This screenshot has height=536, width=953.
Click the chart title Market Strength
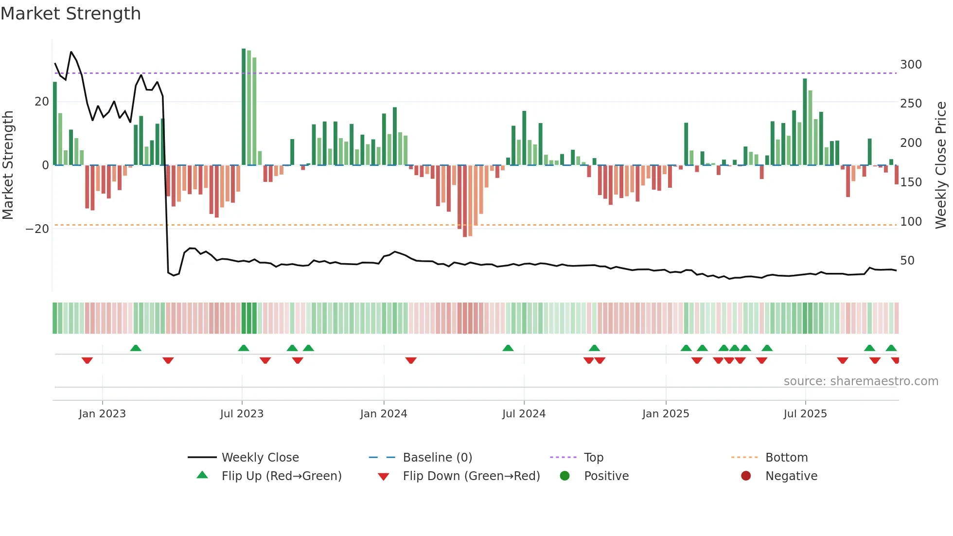(71, 14)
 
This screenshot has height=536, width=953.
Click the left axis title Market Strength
(8, 165)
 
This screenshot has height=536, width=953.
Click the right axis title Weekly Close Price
(941, 165)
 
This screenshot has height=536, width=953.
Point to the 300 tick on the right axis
(911, 65)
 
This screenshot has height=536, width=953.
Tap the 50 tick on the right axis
(907, 261)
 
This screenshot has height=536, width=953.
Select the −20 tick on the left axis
(37, 229)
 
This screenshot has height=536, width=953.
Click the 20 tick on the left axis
(42, 102)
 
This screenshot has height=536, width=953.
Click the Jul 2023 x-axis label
(242, 414)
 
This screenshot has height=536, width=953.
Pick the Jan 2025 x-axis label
(665, 414)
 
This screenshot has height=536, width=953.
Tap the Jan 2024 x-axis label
(384, 414)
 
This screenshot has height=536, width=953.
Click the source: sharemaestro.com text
(861, 381)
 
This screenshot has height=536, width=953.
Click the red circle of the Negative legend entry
(746, 476)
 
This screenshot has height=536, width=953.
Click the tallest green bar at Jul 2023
(244, 107)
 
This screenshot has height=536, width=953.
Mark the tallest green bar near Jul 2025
(805, 122)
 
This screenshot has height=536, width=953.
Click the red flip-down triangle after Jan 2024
(411, 360)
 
